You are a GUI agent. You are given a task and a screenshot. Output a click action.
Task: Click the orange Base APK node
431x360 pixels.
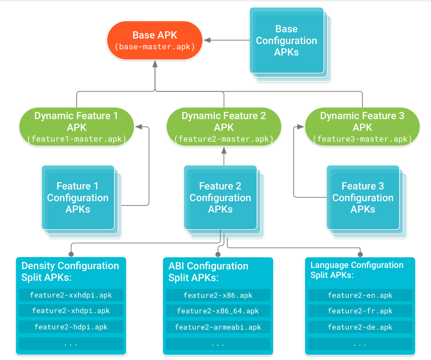pos(155,41)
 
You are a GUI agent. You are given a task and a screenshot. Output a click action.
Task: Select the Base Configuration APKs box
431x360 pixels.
pos(286,41)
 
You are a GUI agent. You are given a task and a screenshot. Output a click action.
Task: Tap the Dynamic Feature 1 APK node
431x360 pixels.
pos(77,127)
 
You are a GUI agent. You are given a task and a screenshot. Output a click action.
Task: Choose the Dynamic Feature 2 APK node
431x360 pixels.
pos(224,127)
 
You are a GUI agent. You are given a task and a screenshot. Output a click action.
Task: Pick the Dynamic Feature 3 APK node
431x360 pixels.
pos(362,127)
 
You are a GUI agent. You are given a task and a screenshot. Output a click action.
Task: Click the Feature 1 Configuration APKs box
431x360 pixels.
pos(78,198)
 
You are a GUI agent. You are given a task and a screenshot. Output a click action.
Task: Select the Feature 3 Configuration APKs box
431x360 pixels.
pos(363,198)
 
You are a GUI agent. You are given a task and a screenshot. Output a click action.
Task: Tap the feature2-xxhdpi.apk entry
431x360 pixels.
pos(71,295)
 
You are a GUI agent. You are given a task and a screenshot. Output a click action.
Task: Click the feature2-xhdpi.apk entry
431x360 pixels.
pos(71,311)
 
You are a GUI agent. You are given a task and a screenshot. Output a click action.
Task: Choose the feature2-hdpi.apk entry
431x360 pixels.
pos(71,327)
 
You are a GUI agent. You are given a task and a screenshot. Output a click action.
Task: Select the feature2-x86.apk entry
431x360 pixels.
pos(218,296)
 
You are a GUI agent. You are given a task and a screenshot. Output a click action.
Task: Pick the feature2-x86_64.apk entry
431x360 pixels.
pos(218,311)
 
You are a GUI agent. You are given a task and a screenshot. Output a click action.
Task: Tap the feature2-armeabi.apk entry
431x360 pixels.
pos(218,327)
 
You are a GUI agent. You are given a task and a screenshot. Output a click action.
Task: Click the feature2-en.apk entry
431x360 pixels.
pos(360,296)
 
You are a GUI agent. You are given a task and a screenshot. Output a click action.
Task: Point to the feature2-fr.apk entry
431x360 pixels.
pos(360,311)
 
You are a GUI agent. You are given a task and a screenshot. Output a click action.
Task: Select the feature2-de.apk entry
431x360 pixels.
pos(360,327)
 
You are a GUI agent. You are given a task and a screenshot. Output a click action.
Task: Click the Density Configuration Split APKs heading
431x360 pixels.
pos(70,272)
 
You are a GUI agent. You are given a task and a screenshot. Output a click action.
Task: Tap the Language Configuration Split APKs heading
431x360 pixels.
pos(357,270)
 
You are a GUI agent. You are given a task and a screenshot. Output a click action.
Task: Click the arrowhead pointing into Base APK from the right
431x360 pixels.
pos(207,40)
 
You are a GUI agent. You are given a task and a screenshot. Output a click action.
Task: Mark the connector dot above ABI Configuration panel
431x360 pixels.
pos(218,254)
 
